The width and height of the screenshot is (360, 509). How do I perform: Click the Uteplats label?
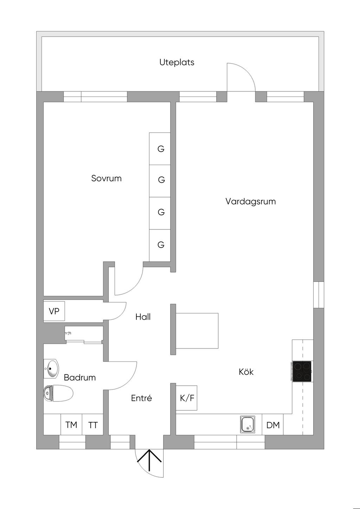pos(177,63)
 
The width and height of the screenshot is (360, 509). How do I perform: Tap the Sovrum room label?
pos(106,178)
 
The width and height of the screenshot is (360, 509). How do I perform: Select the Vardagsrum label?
pos(250,202)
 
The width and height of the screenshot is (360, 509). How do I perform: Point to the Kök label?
pos(246,372)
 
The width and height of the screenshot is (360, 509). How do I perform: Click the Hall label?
pos(143,317)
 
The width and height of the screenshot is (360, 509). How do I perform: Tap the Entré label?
pos(141,398)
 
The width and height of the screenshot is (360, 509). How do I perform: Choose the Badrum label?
pos(80,378)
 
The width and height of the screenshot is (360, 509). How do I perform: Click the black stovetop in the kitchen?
pos(302,371)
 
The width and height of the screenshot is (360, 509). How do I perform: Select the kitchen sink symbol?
pos(248,424)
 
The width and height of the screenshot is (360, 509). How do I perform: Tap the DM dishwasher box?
pos(273,425)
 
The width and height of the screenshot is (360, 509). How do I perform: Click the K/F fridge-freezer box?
pos(187,398)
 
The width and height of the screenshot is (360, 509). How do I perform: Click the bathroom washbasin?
pos(51,369)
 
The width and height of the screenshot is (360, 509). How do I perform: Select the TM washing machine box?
pos(71,425)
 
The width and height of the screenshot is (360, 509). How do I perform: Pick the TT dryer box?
pos(93,425)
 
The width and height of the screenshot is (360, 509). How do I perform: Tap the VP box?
pos(54,311)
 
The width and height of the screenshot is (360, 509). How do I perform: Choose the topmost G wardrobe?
pos(160,149)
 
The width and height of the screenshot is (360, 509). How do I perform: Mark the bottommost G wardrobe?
pos(160,245)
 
